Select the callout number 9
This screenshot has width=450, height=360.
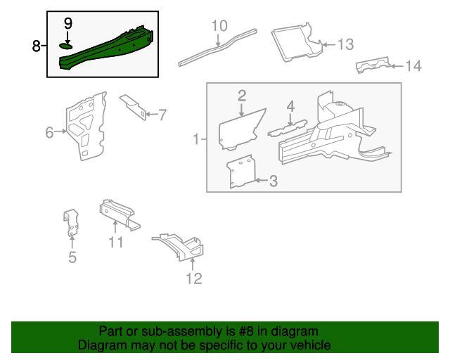68,23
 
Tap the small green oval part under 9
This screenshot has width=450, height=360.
67,46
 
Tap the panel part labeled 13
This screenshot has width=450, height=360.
294,42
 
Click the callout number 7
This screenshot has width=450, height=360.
162,114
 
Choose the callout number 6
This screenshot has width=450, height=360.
49,132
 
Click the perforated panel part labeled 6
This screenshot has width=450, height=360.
86,127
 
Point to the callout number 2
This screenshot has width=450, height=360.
241,95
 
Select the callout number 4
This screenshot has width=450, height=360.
290,106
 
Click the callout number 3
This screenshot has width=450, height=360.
273,181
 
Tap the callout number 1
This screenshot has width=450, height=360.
196,140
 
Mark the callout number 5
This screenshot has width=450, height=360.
72,257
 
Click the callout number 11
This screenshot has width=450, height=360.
116,242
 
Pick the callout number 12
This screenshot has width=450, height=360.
193,278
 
